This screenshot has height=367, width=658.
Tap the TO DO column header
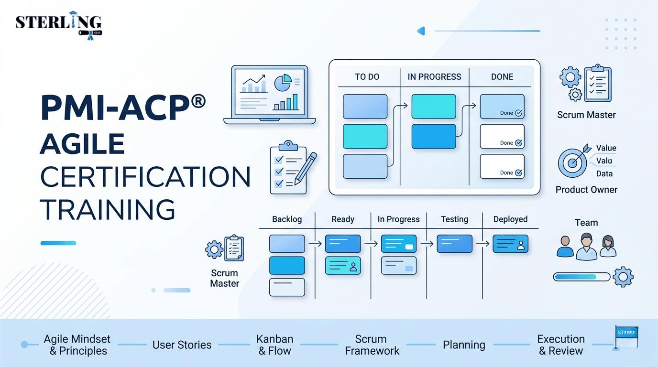367,76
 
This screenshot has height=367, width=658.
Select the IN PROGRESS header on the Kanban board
434,76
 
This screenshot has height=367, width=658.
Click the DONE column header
502,76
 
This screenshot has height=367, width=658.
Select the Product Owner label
586,190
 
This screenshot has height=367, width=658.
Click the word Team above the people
586,223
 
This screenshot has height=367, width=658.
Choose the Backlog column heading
287,219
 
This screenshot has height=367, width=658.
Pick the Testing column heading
454,219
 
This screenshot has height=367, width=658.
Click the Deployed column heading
510,219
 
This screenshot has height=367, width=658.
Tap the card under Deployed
510,244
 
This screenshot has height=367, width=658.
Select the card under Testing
454,244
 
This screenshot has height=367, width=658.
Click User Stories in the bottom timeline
182,345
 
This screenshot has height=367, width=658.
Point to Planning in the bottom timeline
464,345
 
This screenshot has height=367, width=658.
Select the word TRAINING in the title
107,209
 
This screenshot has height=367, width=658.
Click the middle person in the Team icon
586,247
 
